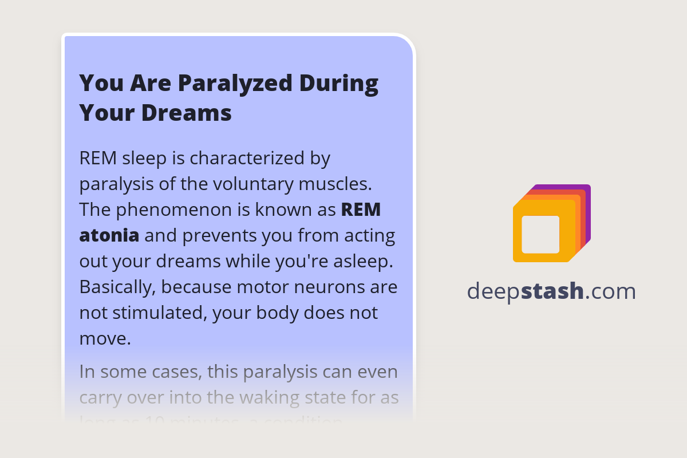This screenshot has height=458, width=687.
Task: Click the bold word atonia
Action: pos(109,235)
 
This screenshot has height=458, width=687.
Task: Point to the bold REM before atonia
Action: pos(361,210)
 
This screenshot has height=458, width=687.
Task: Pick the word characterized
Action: pos(250,158)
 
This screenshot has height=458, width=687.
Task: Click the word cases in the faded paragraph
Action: pos(169,372)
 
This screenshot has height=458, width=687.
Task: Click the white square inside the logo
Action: pos(540,234)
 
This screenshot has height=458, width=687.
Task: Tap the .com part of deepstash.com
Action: pos(611,291)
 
